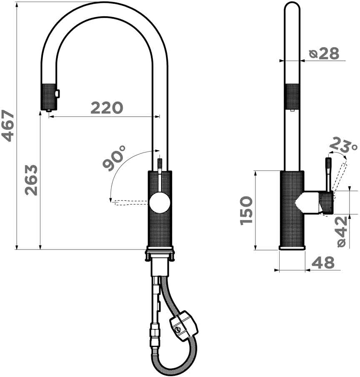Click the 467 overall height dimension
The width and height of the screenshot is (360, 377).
coord(7,126)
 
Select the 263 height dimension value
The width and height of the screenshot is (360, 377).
coord(31,180)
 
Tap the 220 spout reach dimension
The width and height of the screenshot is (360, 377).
coord(107,108)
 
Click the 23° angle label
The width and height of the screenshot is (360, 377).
coord(344,145)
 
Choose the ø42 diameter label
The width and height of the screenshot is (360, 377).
coord(342,232)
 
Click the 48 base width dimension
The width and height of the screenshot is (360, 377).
coord(323,262)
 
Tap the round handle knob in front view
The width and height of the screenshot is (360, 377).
coord(160,202)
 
